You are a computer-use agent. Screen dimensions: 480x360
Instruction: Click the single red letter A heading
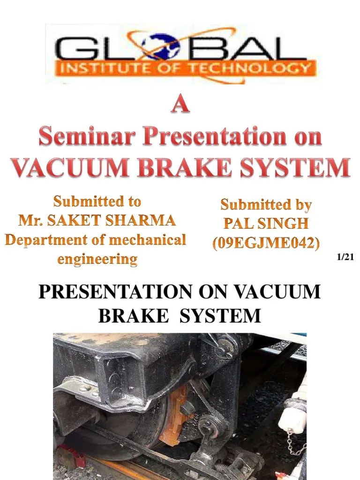pos(180,105)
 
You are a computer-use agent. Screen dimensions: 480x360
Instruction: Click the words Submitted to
pos(97,202)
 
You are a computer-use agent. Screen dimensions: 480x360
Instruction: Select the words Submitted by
pos(266,205)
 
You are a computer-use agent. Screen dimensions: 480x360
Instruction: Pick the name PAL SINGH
pos(266,224)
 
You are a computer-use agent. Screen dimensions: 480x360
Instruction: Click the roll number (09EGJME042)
pos(266,243)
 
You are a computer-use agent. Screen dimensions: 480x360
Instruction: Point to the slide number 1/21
pos(345,257)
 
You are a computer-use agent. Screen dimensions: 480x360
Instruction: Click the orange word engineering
pos(97,258)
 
